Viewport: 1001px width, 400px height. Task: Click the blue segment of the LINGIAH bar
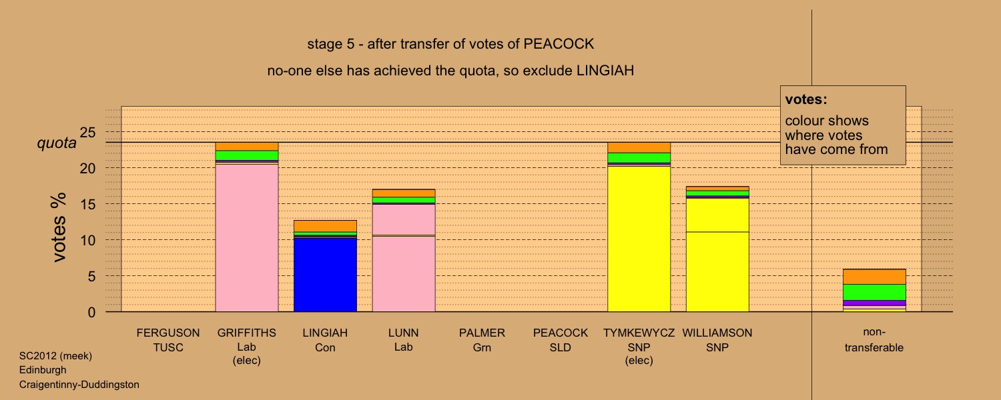[x=325, y=275]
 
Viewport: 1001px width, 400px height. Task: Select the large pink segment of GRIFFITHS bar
[x=247, y=238]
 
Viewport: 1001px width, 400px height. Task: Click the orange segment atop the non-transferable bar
[x=874, y=277]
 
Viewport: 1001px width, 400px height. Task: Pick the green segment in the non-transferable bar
[x=874, y=293]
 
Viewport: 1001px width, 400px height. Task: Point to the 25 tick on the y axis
[x=87, y=132]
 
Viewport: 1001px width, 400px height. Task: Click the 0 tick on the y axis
[x=91, y=313]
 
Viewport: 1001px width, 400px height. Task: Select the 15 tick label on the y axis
[x=87, y=205]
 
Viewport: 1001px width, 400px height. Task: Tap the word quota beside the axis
[x=57, y=143]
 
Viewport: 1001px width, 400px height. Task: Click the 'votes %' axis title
[x=59, y=227]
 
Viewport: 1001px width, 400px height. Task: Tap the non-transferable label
[x=874, y=340]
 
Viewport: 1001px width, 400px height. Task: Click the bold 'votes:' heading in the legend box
[x=806, y=99]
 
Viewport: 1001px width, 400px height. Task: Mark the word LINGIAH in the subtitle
[x=605, y=71]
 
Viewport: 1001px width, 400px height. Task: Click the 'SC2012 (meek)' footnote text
[x=55, y=356]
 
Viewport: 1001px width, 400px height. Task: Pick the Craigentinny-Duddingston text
[x=79, y=385]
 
